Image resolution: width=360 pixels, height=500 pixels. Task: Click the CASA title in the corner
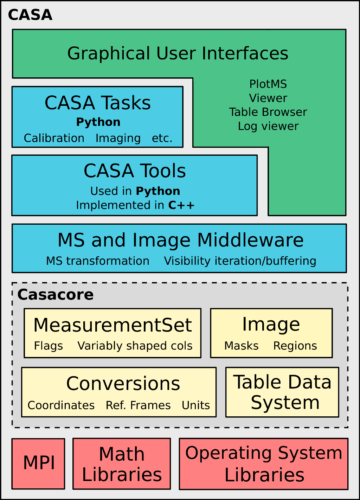[x=30, y=15]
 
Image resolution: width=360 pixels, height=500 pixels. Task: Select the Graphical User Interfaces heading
[x=178, y=53]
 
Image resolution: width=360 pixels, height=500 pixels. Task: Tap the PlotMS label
[x=268, y=84]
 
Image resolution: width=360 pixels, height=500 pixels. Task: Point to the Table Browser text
[x=268, y=112]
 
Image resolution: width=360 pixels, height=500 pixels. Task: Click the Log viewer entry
[x=268, y=126]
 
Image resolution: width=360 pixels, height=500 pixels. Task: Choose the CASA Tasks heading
[x=98, y=103]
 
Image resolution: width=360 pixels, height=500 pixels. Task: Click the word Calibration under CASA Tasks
[x=54, y=138]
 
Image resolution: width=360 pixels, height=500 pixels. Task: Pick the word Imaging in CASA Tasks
[x=118, y=138]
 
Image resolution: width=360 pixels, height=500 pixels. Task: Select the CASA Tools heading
[x=135, y=171]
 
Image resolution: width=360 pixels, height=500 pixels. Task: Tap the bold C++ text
[x=181, y=205]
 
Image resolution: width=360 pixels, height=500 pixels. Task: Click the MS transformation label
[x=98, y=261]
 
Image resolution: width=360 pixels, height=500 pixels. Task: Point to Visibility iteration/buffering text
[x=240, y=261]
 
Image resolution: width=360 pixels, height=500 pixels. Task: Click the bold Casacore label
[x=56, y=295]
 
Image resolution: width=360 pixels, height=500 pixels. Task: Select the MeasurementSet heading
[x=112, y=325]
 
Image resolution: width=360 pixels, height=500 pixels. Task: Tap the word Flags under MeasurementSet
[x=49, y=346]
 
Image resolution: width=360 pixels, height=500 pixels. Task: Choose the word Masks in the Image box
[x=242, y=346]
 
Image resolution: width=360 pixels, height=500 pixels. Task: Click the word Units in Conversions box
[x=196, y=405]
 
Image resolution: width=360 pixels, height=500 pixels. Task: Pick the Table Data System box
[x=282, y=392]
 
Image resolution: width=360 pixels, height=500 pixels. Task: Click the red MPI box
[x=39, y=463]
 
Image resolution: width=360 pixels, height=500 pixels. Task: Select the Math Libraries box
[x=122, y=464]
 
